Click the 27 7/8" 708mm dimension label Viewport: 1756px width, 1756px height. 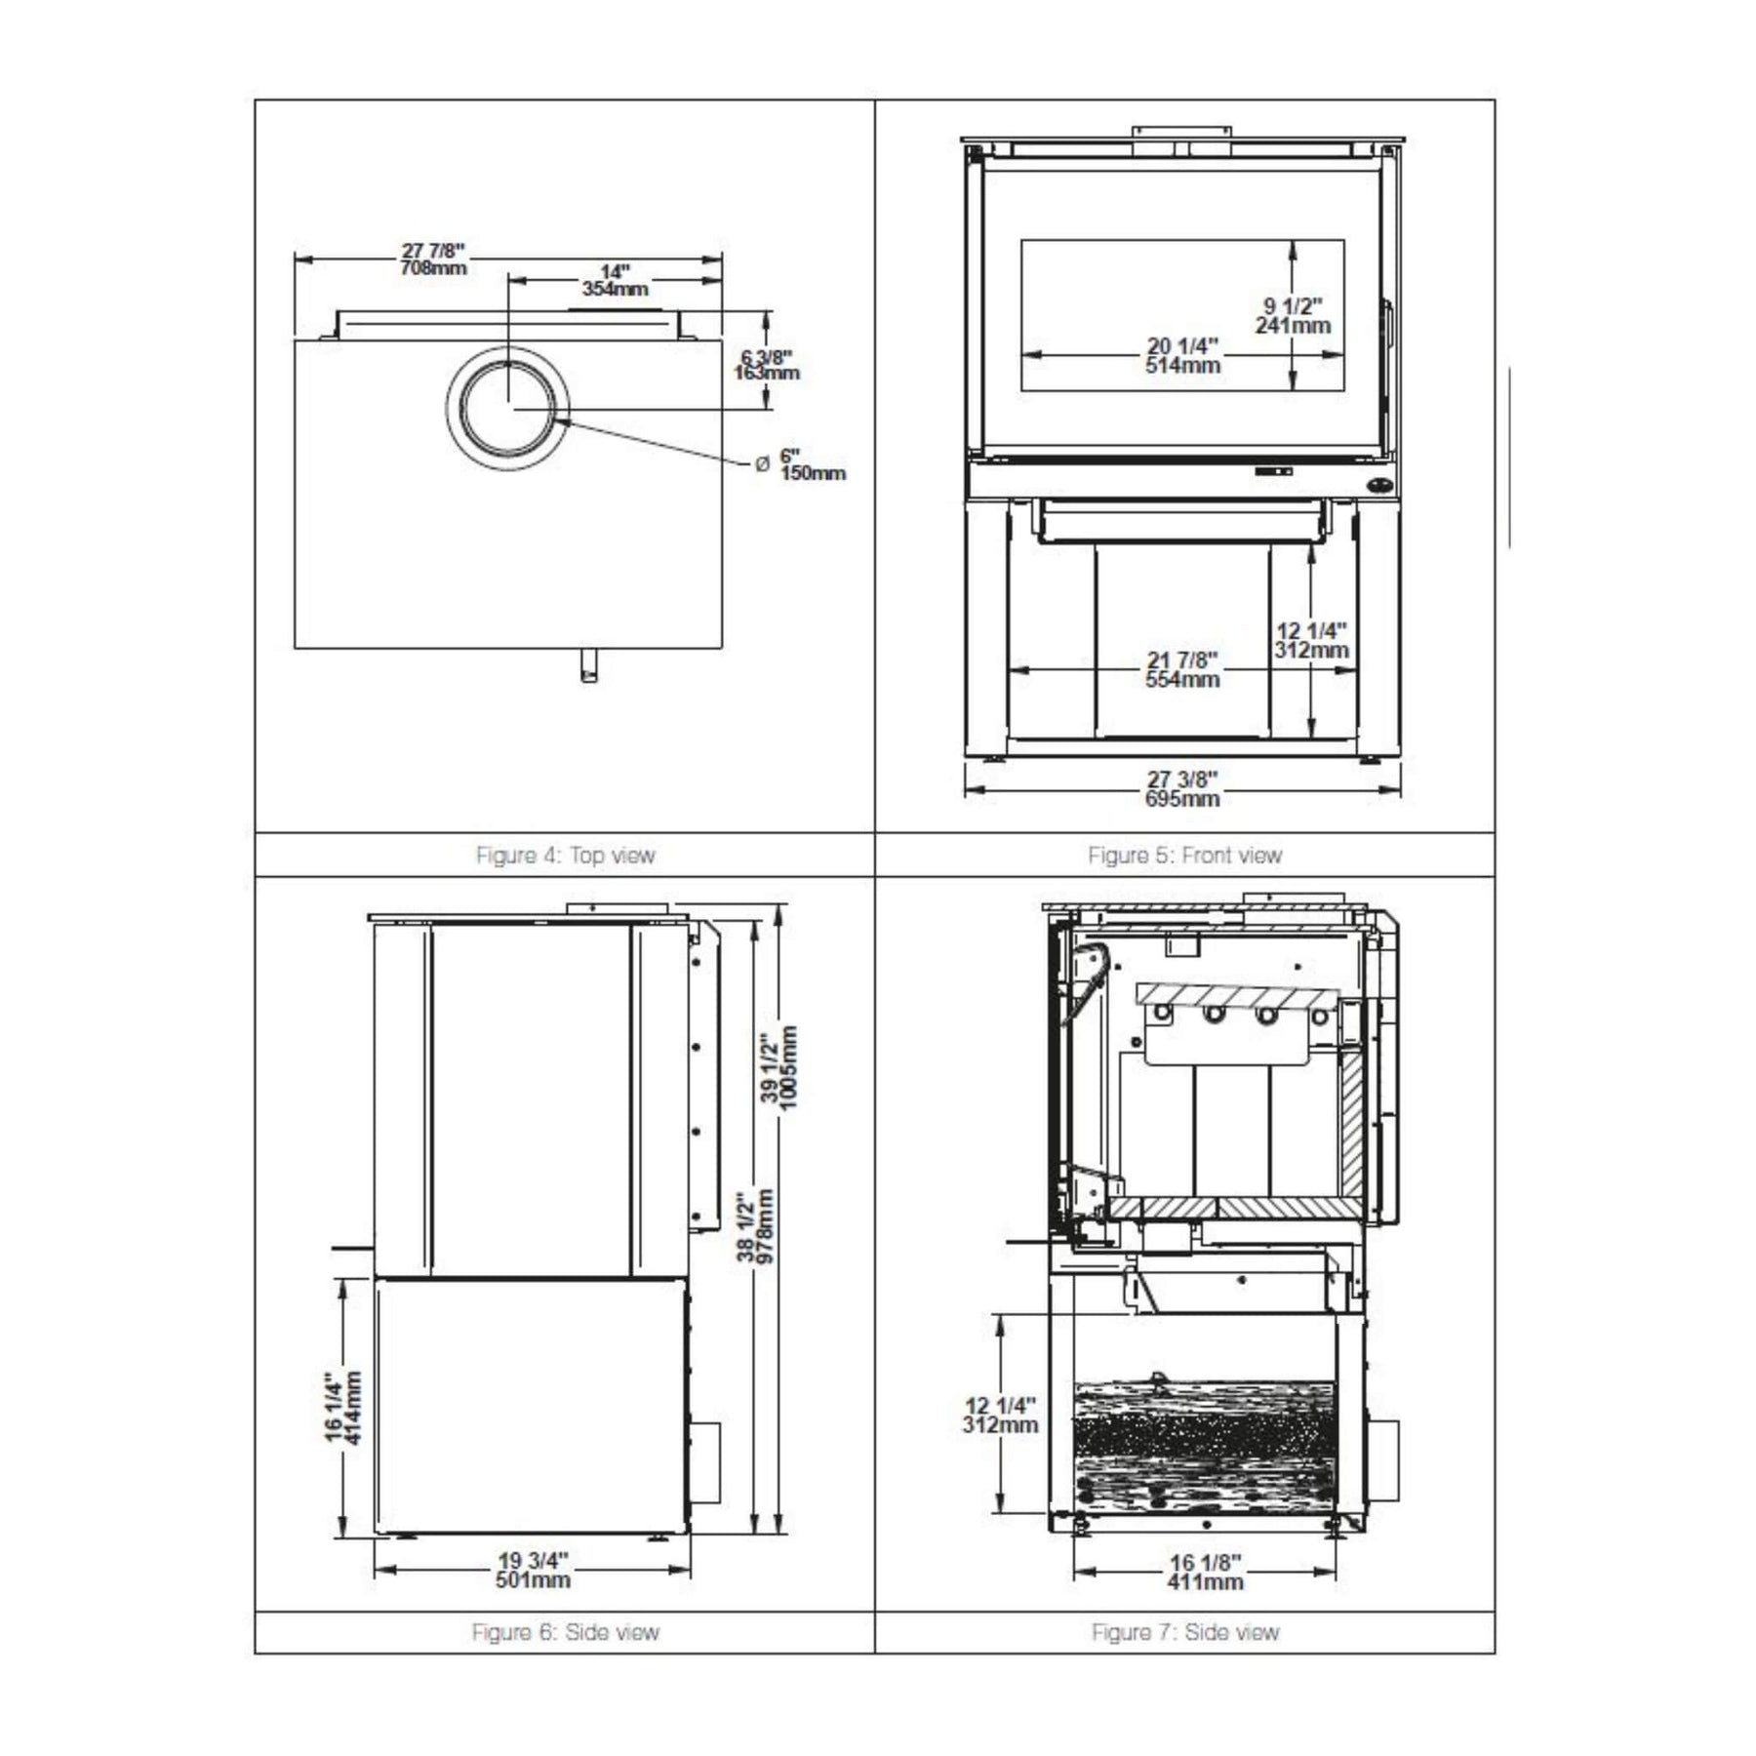click(433, 259)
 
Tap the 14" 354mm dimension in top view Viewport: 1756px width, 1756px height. click(615, 280)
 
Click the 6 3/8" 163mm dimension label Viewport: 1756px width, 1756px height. click(767, 365)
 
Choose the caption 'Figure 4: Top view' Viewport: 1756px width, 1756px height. click(565, 856)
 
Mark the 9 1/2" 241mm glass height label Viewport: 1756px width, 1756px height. click(1293, 316)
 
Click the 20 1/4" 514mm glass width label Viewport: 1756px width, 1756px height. click(1182, 355)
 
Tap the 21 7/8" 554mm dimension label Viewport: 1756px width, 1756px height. click(1182, 670)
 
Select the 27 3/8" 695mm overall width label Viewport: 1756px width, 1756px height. click(1182, 789)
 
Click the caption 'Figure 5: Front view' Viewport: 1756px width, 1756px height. click(1184, 856)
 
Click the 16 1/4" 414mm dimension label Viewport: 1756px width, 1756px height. click(343, 1409)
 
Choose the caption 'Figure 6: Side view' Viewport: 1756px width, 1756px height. click(565, 1632)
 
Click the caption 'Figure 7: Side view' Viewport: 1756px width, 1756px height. click(1184, 1632)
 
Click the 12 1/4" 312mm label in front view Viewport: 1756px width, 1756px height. click(1311, 641)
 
